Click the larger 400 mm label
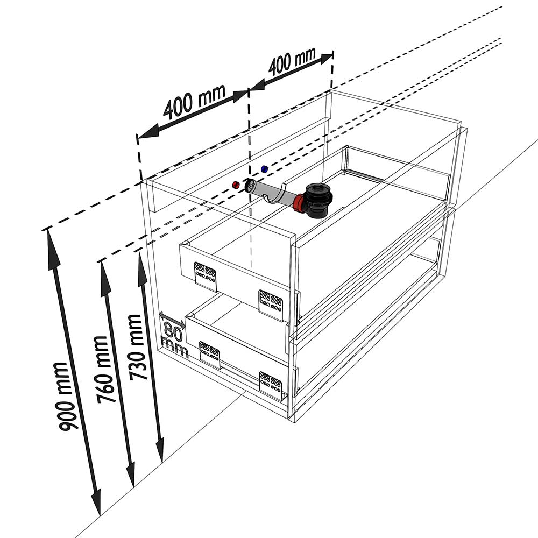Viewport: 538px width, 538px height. point(194,103)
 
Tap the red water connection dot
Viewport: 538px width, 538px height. point(235,185)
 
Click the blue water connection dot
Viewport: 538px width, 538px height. point(264,169)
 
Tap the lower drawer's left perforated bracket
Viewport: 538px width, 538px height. point(209,353)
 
